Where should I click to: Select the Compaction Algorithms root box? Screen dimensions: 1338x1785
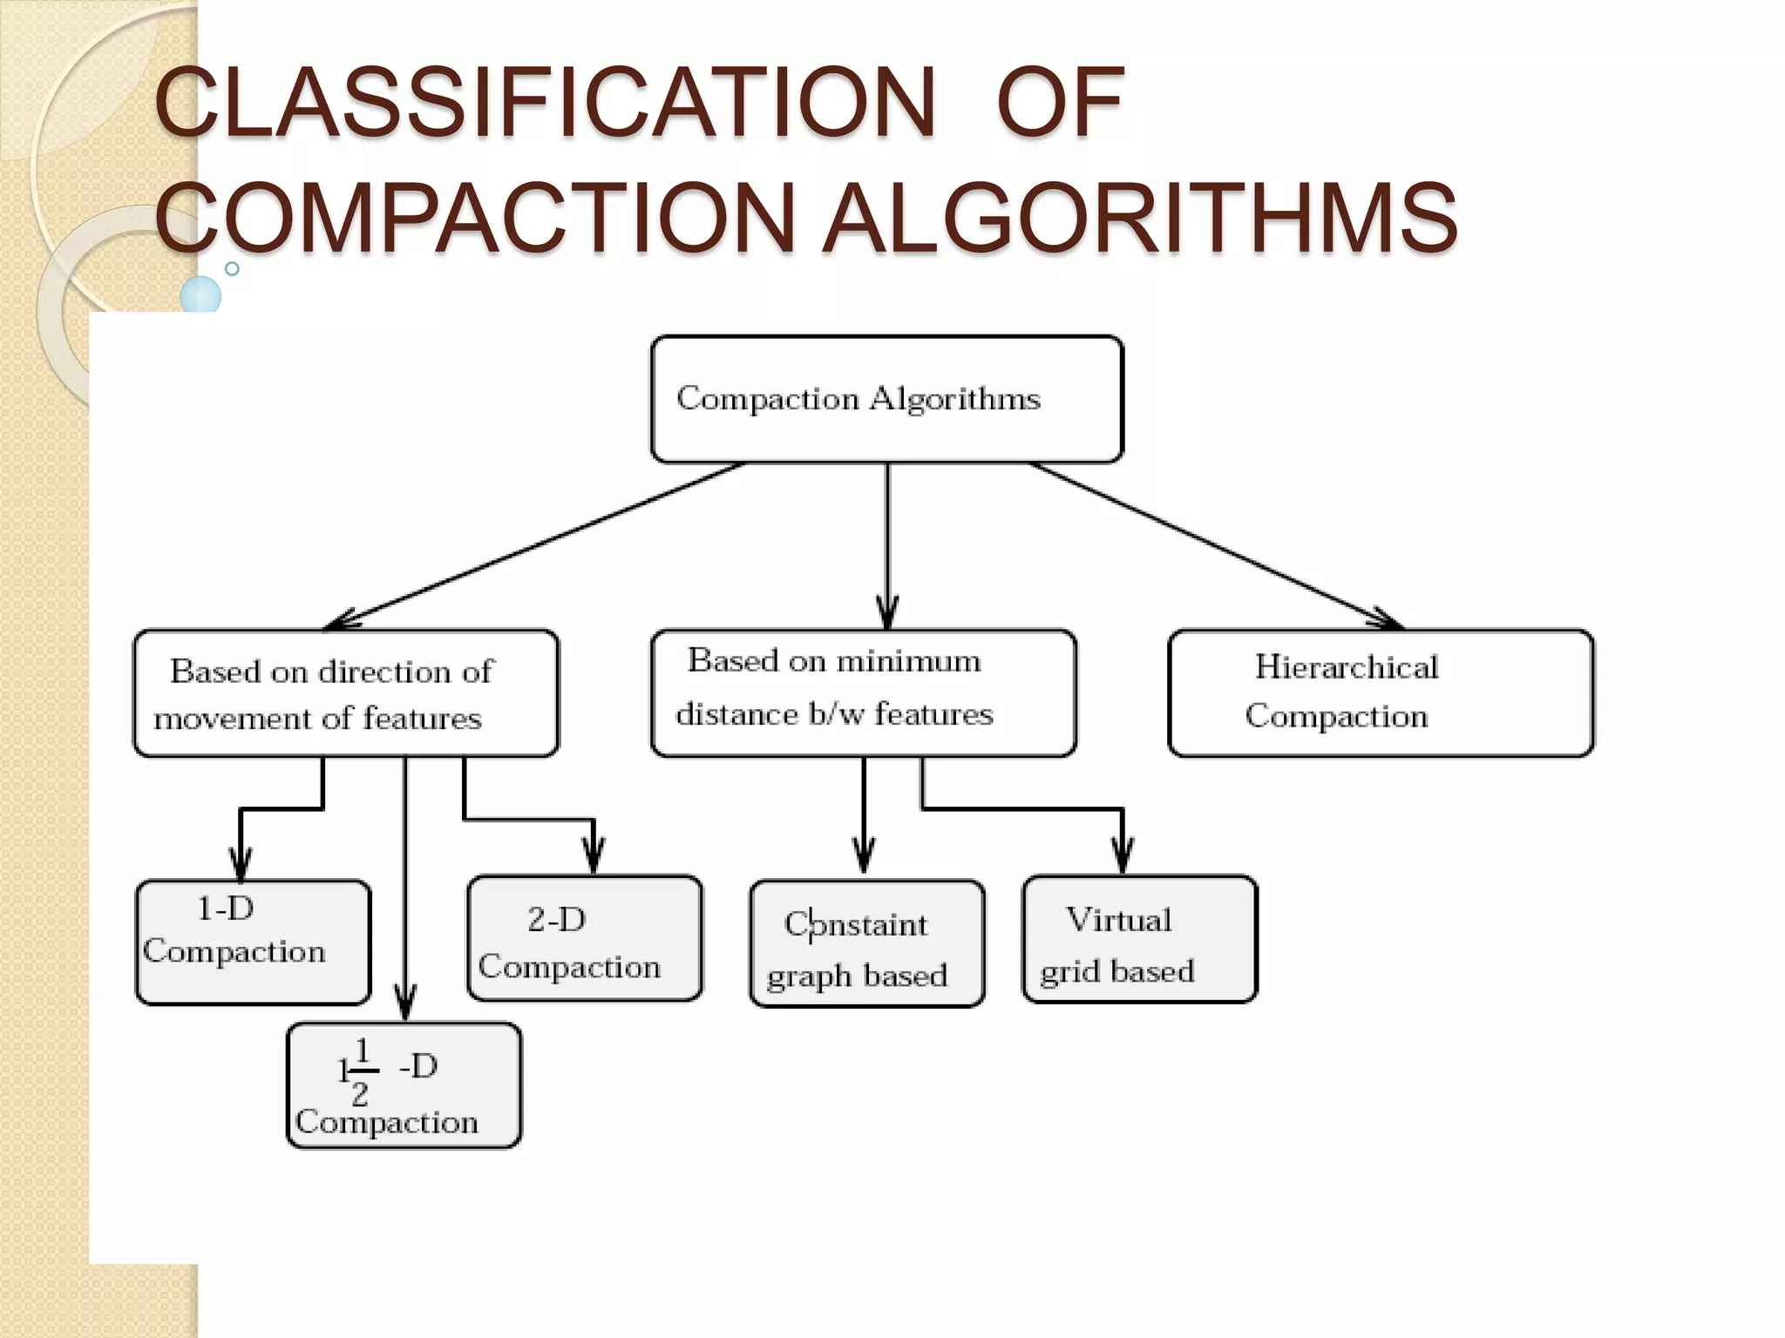pos(886,399)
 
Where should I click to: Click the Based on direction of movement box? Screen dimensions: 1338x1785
pos(345,693)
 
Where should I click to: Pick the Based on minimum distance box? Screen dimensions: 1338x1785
pos(863,693)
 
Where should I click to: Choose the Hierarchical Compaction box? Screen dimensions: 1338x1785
pos(1381,693)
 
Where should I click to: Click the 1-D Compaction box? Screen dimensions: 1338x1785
pos(253,942)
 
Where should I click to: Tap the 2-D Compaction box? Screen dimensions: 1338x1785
pos(584,938)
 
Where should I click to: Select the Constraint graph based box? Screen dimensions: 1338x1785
pos(867,943)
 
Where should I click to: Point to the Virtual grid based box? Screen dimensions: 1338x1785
pos(1139,940)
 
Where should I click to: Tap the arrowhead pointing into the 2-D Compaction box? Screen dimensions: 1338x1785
pos(594,858)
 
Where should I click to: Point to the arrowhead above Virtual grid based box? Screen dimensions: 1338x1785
pos(1123,858)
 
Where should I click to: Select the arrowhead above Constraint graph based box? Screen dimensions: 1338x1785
pos(864,858)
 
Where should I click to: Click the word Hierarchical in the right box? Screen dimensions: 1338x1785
pos(1346,667)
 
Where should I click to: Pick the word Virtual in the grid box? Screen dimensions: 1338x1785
pos(1118,920)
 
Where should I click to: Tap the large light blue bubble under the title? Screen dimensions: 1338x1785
pos(200,294)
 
